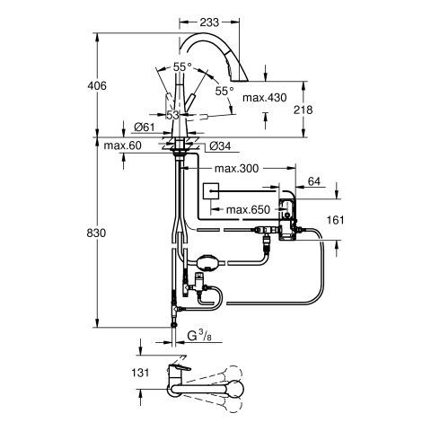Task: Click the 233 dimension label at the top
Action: [x=209, y=22]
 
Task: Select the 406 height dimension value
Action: [x=97, y=86]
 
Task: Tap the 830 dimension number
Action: [x=96, y=233]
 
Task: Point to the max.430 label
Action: [x=264, y=98]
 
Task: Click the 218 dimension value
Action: [x=303, y=110]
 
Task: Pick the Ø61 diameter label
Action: [x=145, y=128]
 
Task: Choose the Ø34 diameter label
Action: [x=220, y=146]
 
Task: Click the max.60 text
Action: [x=122, y=145]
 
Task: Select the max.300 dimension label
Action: [x=236, y=169]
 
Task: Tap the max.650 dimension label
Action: [x=248, y=210]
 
